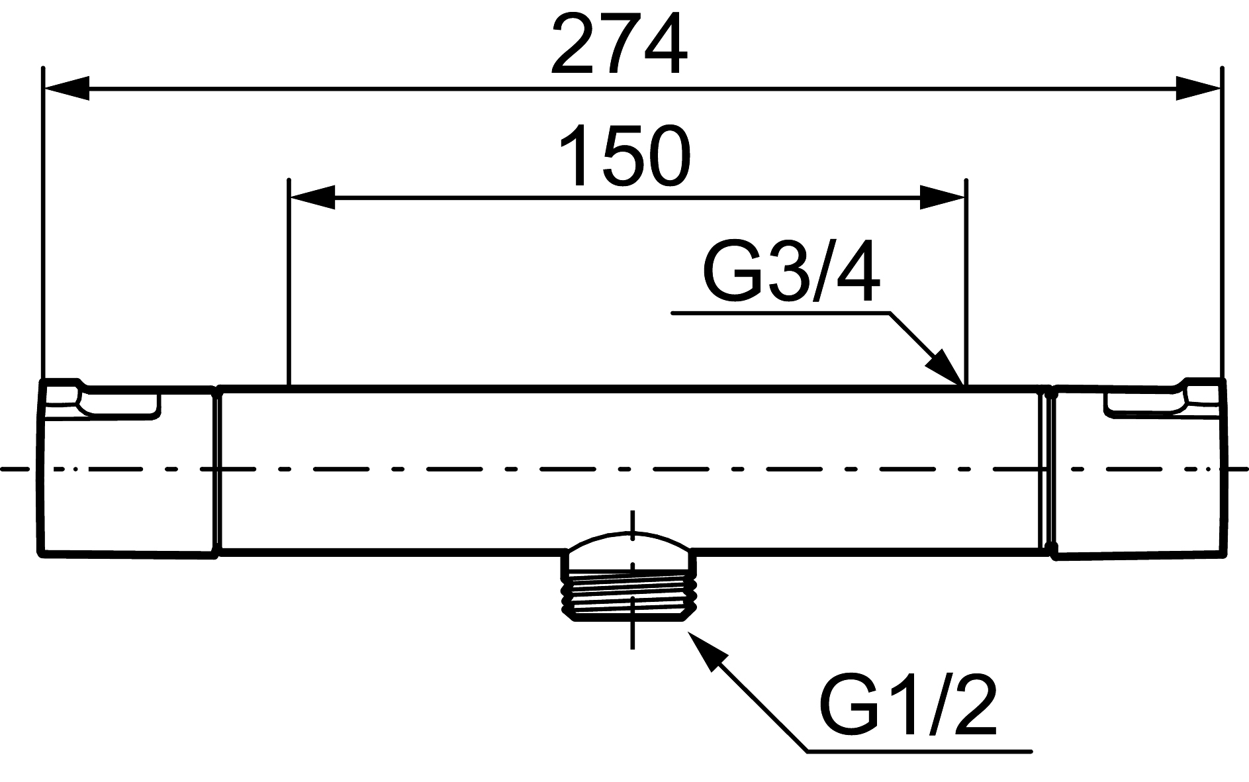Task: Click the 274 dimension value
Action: [x=619, y=45]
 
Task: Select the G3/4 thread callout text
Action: [x=791, y=273]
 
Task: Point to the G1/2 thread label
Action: [x=907, y=707]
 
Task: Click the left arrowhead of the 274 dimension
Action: [x=66, y=88]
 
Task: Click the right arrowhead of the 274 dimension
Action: [x=1197, y=88]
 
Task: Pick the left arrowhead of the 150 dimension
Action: [x=312, y=197]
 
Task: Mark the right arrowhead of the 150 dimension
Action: [x=943, y=197]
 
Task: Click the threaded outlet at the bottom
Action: [x=631, y=598]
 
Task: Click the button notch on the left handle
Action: [x=118, y=404]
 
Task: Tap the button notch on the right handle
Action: [x=1145, y=404]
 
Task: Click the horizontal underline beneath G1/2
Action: [x=920, y=751]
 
